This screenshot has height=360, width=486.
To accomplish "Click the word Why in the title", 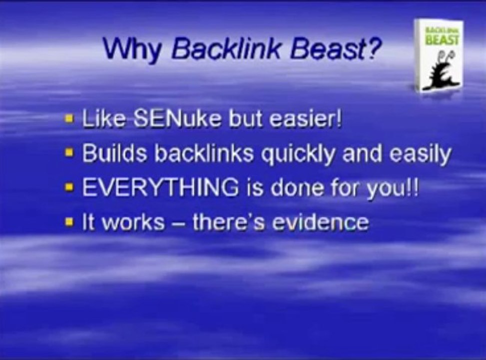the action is tap(132, 49).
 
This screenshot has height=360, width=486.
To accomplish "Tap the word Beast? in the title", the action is tap(335, 48).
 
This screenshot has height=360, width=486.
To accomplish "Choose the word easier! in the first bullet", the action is tap(305, 118).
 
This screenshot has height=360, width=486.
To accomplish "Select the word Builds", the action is tap(114, 152).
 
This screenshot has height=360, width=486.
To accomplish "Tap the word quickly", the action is tap(297, 154).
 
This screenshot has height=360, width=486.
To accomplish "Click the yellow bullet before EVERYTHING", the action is tap(69, 187).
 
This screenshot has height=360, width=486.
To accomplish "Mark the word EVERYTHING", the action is tap(160, 187).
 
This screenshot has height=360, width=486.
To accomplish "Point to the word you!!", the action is tap(393, 188).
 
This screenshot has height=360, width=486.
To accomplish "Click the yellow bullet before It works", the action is tap(69, 222).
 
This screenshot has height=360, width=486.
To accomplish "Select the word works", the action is tap(133, 222).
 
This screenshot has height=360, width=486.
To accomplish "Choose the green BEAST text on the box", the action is tap(443, 39).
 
